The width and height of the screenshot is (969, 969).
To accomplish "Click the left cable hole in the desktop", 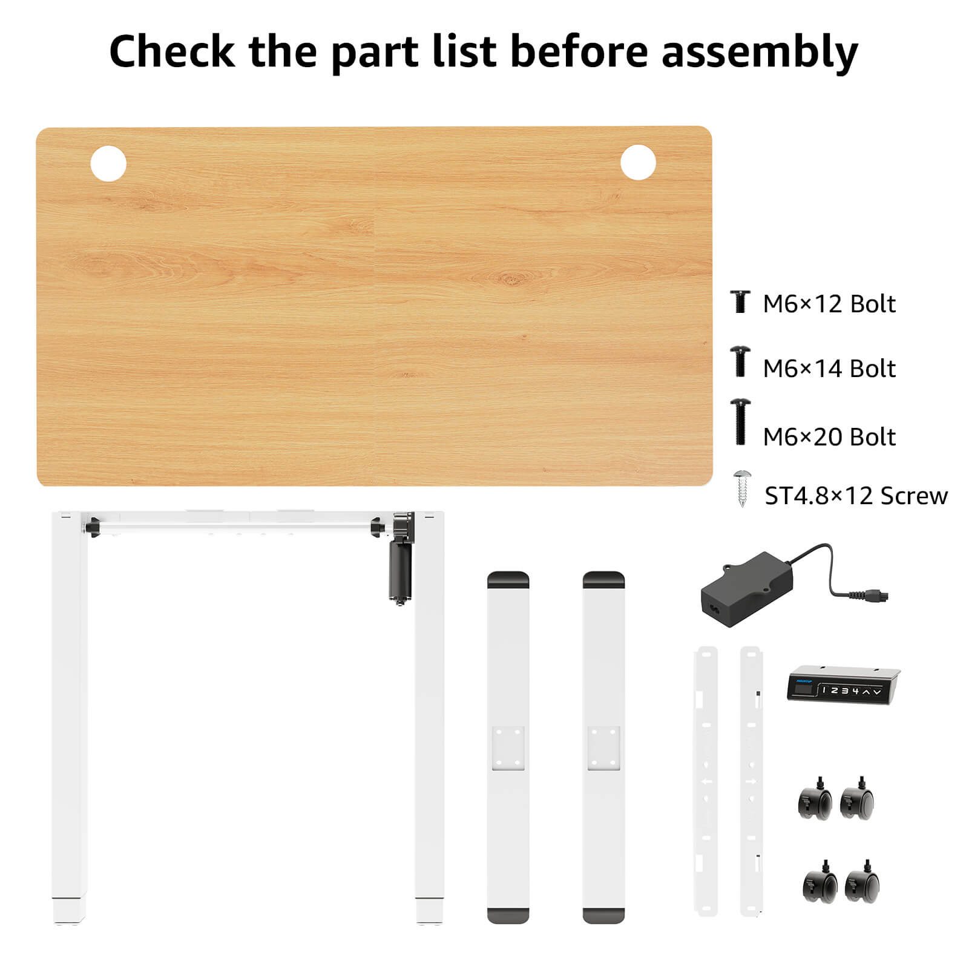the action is click(x=108, y=163).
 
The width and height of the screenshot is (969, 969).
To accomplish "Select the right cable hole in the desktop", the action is click(x=638, y=162).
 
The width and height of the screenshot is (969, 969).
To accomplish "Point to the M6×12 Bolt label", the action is click(x=829, y=304).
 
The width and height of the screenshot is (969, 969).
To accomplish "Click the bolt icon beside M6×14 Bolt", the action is click(x=740, y=361).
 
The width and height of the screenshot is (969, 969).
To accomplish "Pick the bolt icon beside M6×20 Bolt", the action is click(x=740, y=422).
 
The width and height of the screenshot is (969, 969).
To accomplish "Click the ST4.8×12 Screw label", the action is click(x=856, y=496).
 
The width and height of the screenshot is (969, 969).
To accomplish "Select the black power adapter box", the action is click(x=747, y=582).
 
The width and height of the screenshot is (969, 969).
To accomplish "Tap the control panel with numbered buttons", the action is click(x=843, y=685).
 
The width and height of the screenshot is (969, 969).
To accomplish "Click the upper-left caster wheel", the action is click(x=814, y=799).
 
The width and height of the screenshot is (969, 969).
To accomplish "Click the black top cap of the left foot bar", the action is click(x=508, y=579).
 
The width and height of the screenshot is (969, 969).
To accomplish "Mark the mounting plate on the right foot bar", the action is click(x=603, y=748).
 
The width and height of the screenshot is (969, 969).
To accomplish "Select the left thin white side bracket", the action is click(x=706, y=781).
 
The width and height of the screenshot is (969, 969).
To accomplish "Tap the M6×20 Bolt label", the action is click(x=829, y=437).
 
